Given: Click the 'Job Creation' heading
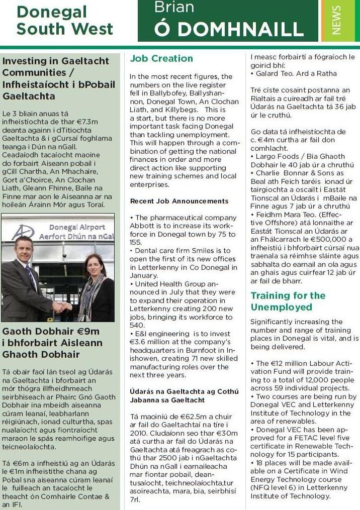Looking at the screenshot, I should (161, 59).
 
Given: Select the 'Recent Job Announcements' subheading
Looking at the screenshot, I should (179, 201).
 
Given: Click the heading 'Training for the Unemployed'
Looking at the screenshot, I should (288, 301).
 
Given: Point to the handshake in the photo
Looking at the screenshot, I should (62, 306).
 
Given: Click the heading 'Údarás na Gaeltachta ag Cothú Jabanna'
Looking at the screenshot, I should (184, 395).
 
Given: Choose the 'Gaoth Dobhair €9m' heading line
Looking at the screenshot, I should (51, 332).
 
